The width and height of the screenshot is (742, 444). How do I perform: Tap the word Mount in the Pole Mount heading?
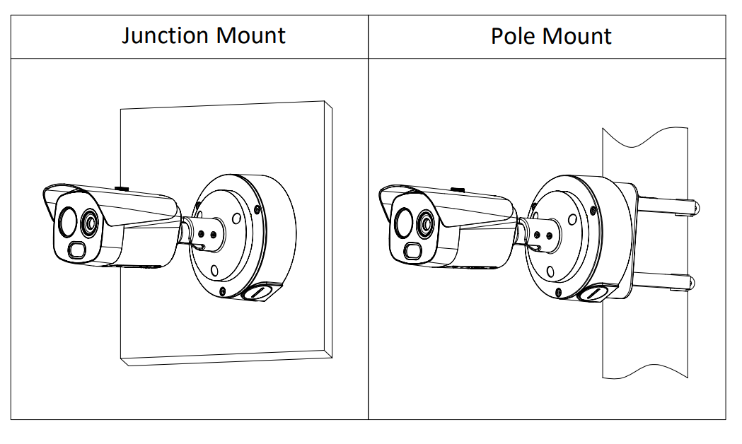[577, 36]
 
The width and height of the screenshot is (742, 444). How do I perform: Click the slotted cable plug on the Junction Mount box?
[261, 291]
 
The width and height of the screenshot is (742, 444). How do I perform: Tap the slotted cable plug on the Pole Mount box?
[597, 293]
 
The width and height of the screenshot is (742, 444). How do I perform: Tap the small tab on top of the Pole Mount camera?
[458, 189]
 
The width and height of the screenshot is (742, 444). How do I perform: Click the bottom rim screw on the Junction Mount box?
[223, 291]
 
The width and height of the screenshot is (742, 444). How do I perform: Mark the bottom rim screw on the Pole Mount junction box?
[559, 291]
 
